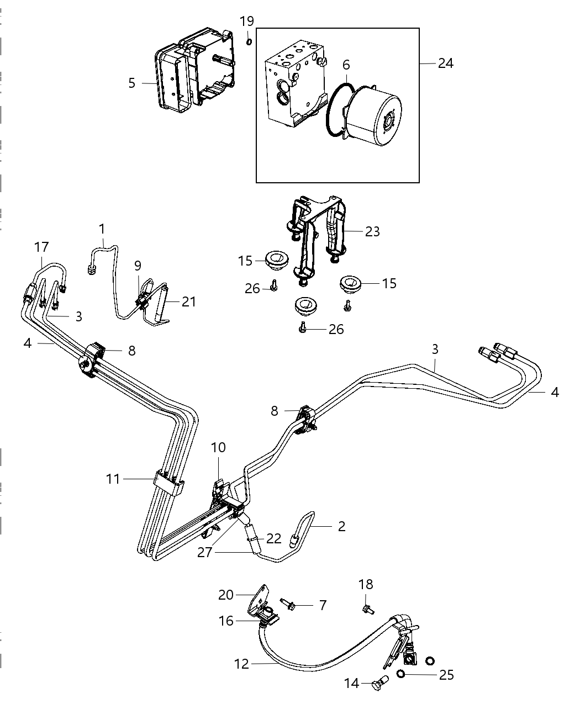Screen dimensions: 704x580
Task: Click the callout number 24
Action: pyautogui.click(x=445, y=63)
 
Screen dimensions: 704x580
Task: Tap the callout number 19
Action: pyautogui.click(x=247, y=22)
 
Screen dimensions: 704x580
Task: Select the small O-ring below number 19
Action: pyautogui.click(x=249, y=41)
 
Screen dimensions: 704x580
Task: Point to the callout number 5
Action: pyautogui.click(x=131, y=83)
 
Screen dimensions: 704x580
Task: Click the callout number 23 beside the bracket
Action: pyautogui.click(x=346, y=65)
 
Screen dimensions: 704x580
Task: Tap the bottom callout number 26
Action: pyautogui.click(x=336, y=330)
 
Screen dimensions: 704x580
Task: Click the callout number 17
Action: pyautogui.click(x=42, y=247)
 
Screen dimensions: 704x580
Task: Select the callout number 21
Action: pyautogui.click(x=189, y=302)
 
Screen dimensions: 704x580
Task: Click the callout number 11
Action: pyautogui.click(x=113, y=479)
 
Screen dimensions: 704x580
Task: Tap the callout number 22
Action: pyautogui.click(x=274, y=538)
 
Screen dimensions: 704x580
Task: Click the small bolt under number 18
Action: pyautogui.click(x=367, y=610)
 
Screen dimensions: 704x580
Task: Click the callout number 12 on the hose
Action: pyautogui.click(x=241, y=664)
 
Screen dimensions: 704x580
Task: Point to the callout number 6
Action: pyautogui.click(x=346, y=65)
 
